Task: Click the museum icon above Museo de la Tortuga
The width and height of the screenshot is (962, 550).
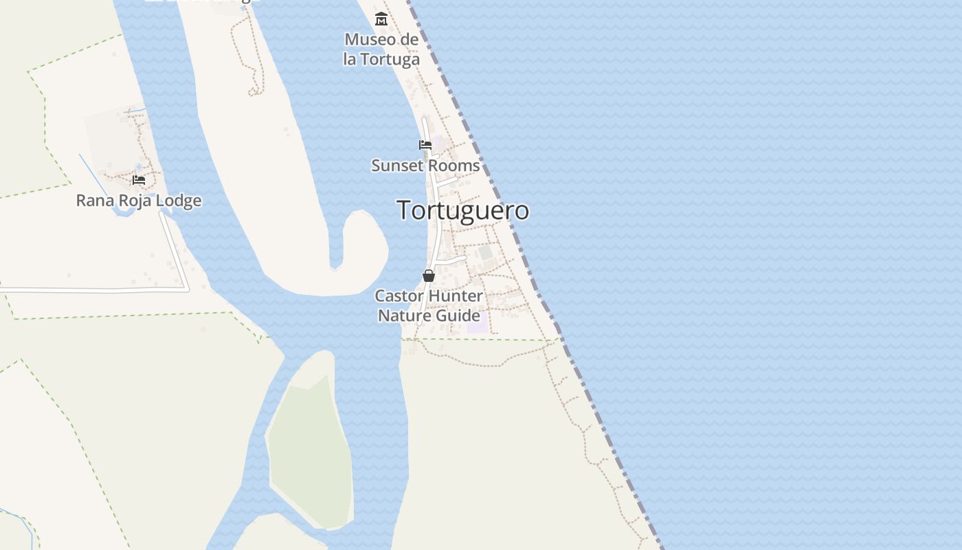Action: point(381,19)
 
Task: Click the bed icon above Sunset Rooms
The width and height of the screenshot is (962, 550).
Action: point(425,145)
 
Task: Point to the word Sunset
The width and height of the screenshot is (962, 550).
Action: point(396,166)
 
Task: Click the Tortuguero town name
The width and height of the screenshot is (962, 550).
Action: point(463,210)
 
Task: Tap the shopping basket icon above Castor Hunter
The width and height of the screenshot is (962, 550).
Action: point(429,276)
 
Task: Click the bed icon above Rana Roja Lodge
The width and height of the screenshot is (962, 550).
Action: point(139,180)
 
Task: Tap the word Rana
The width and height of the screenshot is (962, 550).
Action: point(94,201)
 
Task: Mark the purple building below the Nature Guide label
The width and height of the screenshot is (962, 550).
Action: point(478,322)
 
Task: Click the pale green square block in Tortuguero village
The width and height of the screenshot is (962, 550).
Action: point(486,253)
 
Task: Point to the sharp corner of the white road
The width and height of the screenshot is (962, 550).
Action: point(188,290)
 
